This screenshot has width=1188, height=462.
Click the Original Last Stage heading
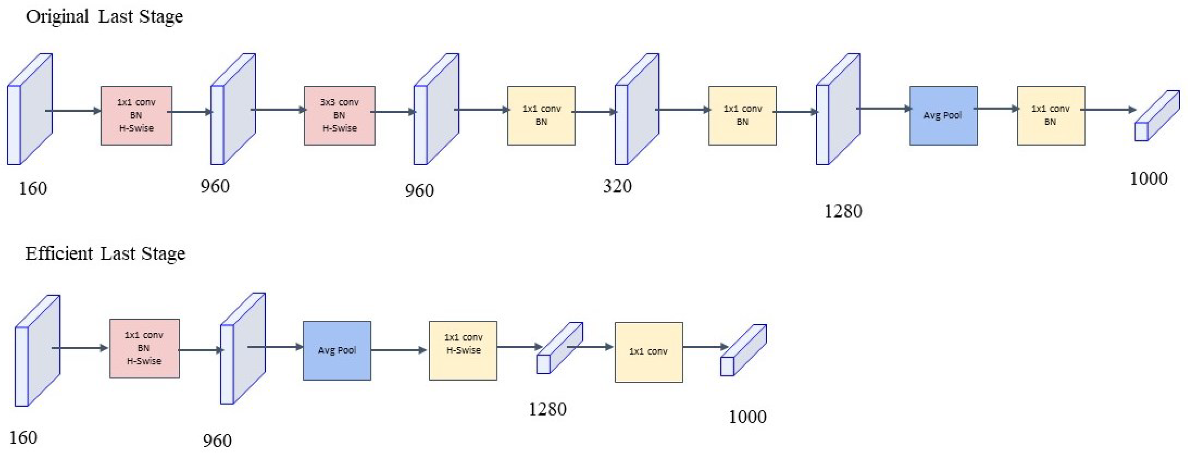pos(104,17)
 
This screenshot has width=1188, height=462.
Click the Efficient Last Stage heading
pos(105,253)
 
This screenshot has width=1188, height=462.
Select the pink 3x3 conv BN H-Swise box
pos(340,115)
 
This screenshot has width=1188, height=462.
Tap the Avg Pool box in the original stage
pos(943,115)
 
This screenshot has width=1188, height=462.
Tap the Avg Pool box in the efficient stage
pos(337,350)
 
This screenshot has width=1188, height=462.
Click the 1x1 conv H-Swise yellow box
pos(463,350)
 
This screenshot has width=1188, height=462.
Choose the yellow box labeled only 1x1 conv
pos(648,352)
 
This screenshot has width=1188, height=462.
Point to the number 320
pos(617,186)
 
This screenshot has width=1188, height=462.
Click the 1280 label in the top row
pos(842,211)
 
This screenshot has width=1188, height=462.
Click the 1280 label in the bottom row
pos(547,409)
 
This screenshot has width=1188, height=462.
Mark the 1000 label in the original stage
pos(1148,178)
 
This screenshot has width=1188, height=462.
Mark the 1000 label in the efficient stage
pos(747,417)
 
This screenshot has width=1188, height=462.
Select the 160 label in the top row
pos(33,188)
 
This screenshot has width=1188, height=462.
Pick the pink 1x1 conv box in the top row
pos(137,115)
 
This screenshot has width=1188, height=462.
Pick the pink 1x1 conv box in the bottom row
pos(144,348)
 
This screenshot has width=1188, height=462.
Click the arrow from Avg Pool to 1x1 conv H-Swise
pos(399,350)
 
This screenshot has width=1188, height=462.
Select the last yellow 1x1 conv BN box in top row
pos(1051,115)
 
